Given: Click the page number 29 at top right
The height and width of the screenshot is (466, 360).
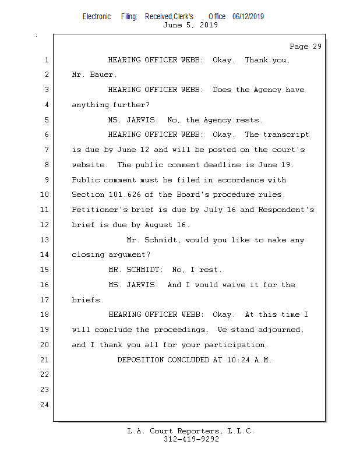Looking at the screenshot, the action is coord(317,47).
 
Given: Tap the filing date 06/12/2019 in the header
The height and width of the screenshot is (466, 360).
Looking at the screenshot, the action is coord(248,16).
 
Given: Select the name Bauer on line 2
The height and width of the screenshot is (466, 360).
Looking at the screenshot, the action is coord(102,75).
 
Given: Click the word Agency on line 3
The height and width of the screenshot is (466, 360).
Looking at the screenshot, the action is coord(267,90).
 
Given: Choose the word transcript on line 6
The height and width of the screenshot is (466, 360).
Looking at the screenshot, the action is coord(286,135).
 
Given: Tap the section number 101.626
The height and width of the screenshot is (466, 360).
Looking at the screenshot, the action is coord(125,195).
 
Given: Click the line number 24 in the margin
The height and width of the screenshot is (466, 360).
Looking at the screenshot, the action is coord(45,405).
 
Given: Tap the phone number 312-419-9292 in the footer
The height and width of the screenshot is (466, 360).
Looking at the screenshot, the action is coord(191,439).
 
